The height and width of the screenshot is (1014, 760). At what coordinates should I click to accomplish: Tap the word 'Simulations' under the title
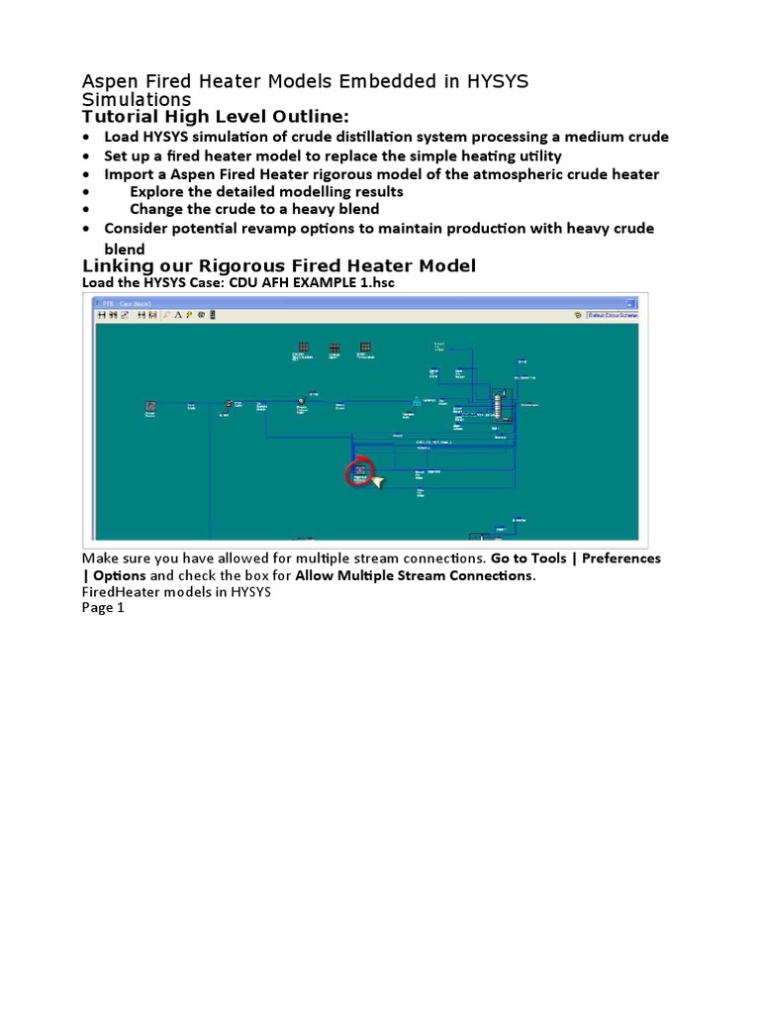point(137,100)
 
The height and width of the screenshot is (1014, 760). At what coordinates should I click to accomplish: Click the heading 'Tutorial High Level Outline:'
point(216,118)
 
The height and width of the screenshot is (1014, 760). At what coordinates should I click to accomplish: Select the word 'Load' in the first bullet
point(122,137)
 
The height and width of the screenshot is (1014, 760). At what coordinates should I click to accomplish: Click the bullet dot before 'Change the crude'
point(88,210)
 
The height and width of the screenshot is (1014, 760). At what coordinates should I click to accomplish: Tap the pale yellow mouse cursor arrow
point(377,482)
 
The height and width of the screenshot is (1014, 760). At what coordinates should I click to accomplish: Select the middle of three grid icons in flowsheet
point(334,348)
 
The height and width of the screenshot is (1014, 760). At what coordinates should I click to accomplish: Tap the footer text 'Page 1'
point(104,608)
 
